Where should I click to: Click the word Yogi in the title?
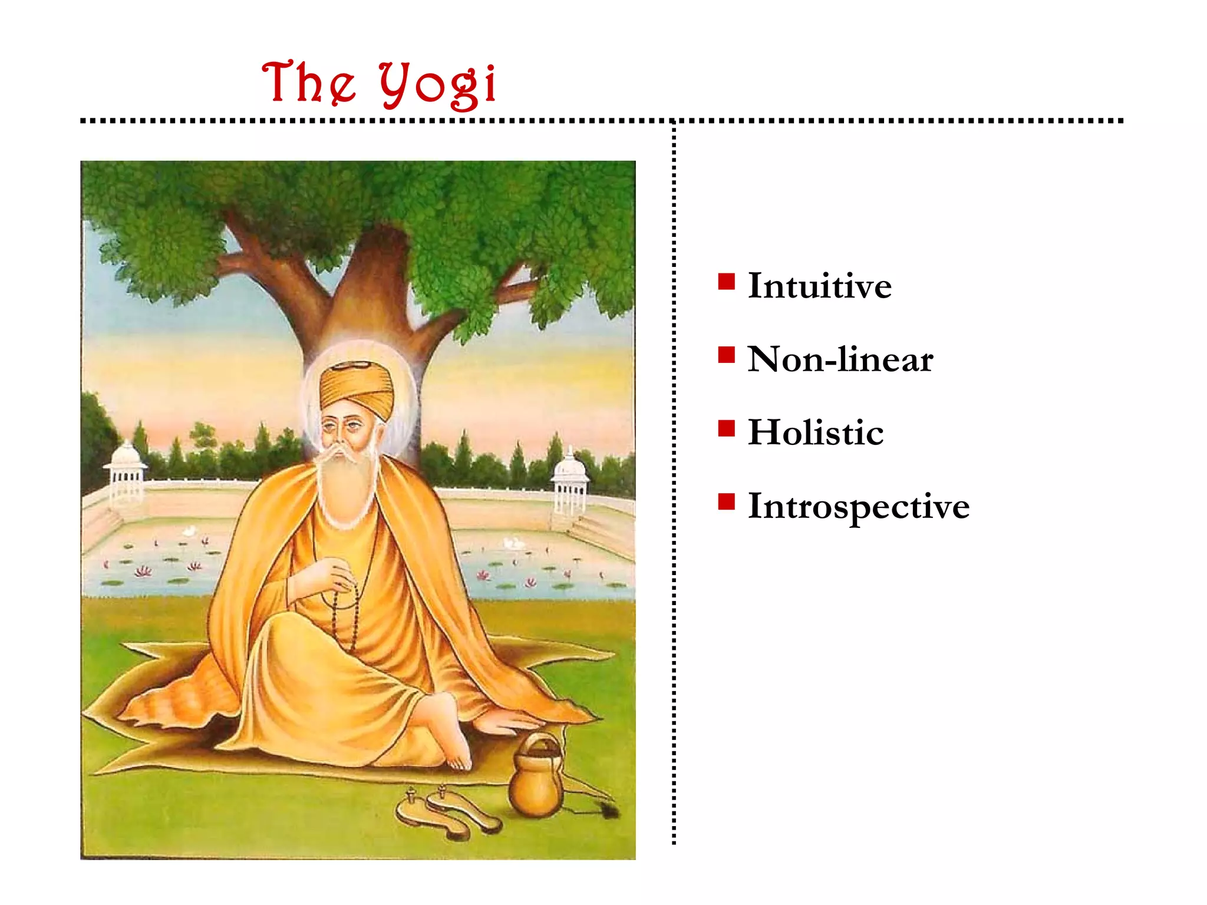coord(437,85)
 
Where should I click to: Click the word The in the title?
coord(309,82)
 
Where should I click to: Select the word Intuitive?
coord(819,286)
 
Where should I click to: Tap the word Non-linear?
coord(840,359)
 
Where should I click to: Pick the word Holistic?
coord(816,432)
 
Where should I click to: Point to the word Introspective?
coord(858,507)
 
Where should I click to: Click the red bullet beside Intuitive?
coord(726,282)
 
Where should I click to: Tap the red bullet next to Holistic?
coord(726,428)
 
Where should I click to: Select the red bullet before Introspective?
coord(726,501)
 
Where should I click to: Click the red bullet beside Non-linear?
coord(726,355)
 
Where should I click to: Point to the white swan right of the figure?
coord(512,542)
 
